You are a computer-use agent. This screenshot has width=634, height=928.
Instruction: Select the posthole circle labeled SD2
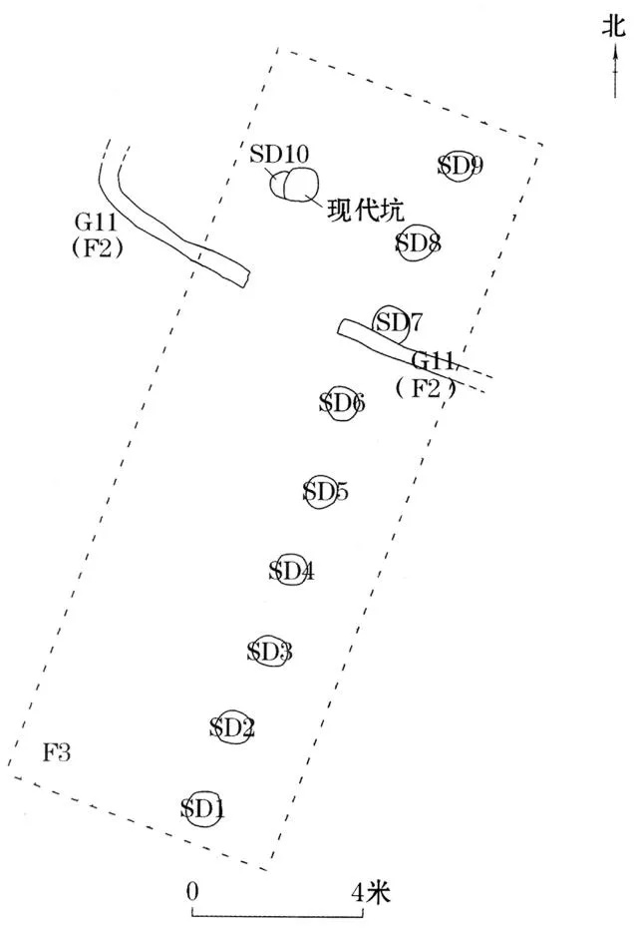[217, 727]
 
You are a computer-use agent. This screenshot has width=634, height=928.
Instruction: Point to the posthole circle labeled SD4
[277, 570]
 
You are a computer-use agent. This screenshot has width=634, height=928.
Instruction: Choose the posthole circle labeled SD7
[375, 323]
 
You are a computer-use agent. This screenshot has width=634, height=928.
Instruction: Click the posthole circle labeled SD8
[398, 242]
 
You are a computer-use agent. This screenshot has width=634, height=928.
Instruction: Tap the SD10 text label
[278, 154]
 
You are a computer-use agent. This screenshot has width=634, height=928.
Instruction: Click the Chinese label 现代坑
[366, 211]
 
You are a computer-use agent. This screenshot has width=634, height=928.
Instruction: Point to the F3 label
[57, 752]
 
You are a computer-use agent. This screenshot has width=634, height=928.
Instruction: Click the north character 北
[614, 26]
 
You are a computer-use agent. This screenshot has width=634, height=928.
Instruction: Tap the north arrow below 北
[615, 71]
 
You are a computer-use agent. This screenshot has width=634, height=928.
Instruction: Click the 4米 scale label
[372, 891]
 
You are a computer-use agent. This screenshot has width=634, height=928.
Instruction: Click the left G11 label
[96, 224]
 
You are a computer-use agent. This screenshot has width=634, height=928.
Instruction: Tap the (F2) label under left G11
[97, 247]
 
